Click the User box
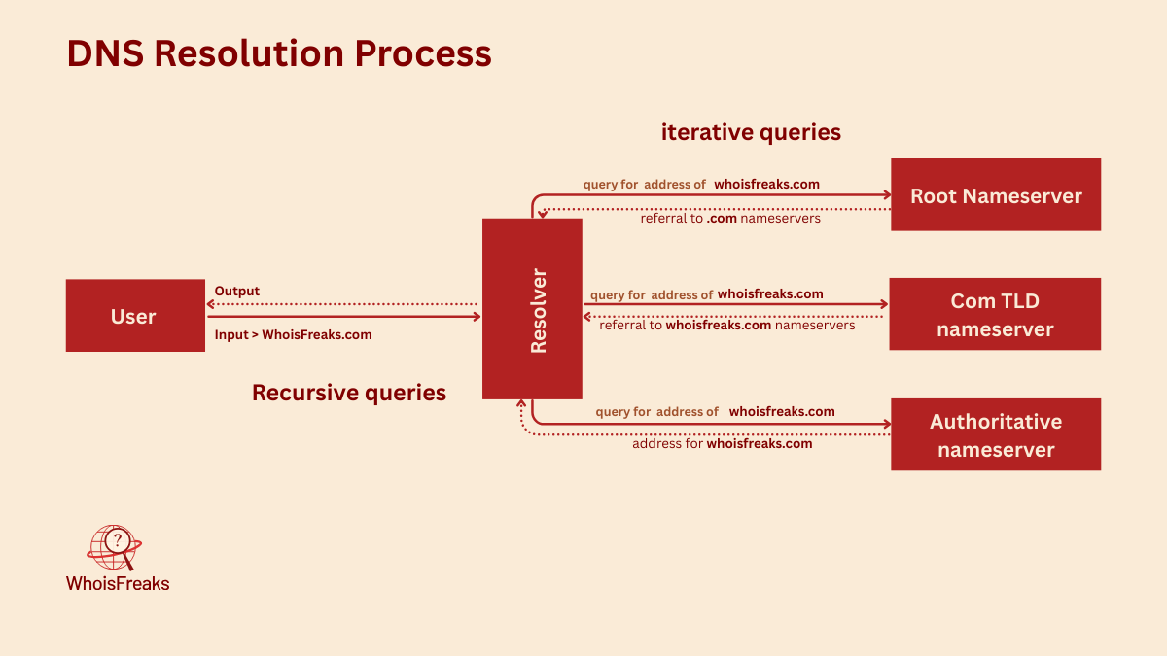point(135,316)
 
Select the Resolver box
point(532,308)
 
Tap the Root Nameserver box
point(995,195)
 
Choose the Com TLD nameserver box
point(995,315)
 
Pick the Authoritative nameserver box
point(995,434)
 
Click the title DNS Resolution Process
point(279,52)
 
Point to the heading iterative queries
point(751,132)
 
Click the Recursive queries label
point(349,393)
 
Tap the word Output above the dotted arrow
point(236,292)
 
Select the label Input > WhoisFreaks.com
point(293,334)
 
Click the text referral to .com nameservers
point(730,219)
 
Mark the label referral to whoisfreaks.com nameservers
point(727,326)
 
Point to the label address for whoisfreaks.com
point(722,443)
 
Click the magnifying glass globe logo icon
point(115,547)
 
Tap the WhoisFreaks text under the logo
point(118,584)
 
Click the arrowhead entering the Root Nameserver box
point(886,194)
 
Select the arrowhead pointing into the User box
point(211,304)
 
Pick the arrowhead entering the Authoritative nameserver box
point(886,424)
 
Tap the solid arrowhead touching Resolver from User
point(477,316)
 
